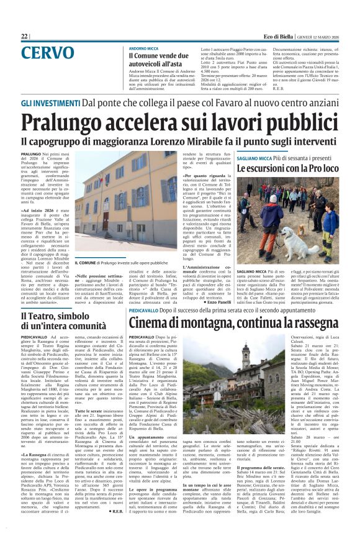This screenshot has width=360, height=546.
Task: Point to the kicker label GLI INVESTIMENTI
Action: pos(51,101)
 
